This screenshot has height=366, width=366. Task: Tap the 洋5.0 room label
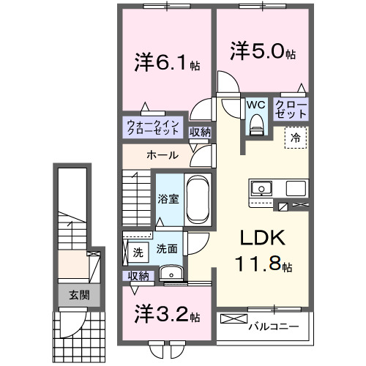(x=263, y=53)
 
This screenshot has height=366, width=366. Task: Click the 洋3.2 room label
(x=167, y=315)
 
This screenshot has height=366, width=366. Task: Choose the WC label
(x=255, y=105)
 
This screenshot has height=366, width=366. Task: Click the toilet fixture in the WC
(x=255, y=126)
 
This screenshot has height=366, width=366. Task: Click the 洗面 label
(x=166, y=249)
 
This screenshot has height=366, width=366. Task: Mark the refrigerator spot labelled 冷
(x=296, y=136)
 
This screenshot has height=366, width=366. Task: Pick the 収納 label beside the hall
(x=200, y=132)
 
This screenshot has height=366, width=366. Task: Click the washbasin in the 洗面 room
(x=173, y=274)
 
